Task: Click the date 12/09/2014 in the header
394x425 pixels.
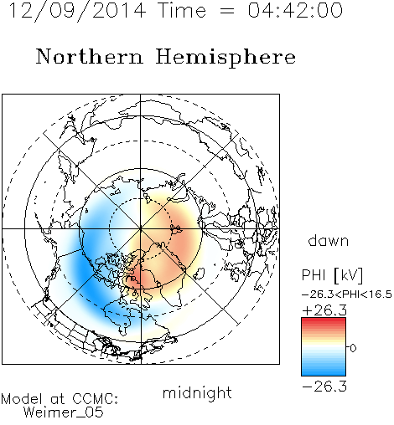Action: (77, 11)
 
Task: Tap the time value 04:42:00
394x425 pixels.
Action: (295, 10)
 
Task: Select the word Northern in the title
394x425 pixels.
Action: (90, 56)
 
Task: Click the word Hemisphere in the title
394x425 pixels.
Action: (226, 57)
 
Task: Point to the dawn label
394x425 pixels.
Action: (329, 241)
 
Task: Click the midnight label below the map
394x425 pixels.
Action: (197, 392)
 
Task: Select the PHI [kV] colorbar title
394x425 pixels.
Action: (332, 275)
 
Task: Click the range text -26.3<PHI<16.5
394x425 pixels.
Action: (347, 294)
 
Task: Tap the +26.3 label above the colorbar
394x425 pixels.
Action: (324, 310)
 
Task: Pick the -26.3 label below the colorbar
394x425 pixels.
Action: (324, 387)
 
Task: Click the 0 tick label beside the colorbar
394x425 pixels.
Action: (353, 348)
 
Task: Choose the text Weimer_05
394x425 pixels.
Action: (64, 412)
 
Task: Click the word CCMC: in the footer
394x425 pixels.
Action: (95, 399)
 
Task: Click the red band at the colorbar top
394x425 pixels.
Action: (324, 321)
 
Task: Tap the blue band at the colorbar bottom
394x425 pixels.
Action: (324, 372)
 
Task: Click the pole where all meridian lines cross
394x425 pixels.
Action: (141, 229)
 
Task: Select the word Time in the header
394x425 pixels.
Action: (182, 10)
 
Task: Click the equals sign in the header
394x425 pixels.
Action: (227, 12)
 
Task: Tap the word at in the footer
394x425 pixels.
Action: (57, 399)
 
